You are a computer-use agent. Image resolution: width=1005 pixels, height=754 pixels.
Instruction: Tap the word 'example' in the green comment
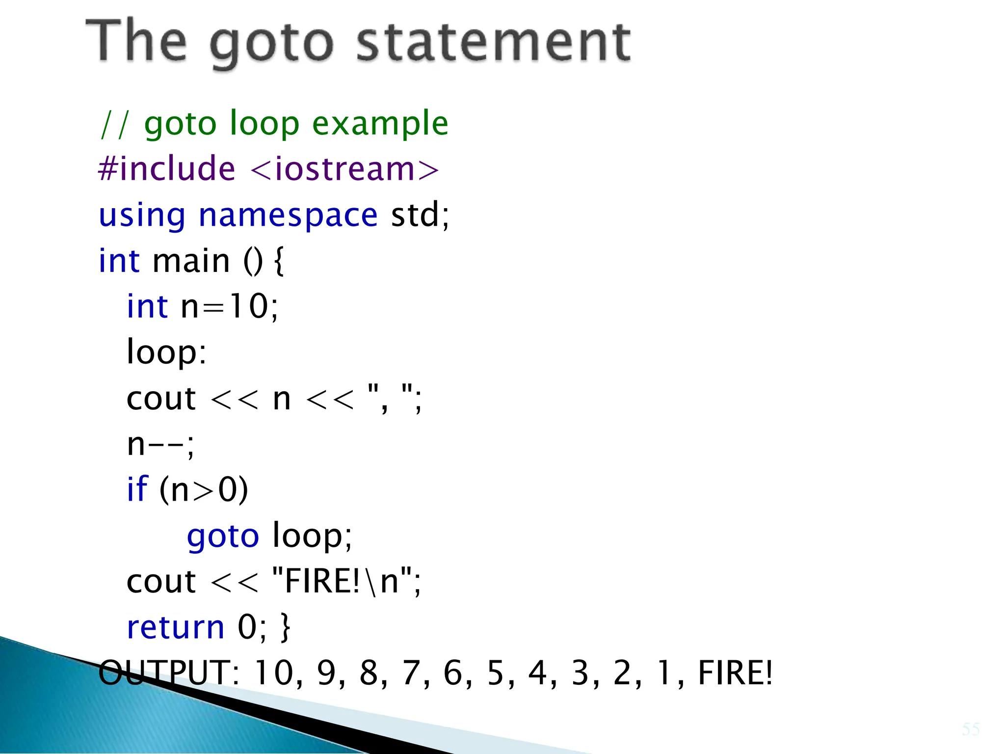pos(380,123)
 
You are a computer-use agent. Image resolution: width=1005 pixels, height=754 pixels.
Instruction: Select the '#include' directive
pos(167,168)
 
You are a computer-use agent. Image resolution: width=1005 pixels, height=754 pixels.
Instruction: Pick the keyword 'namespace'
pos(288,215)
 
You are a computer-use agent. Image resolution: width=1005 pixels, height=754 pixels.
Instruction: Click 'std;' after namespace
pos(420,215)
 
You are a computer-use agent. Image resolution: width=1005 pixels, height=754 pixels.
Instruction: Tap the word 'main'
pos(191,261)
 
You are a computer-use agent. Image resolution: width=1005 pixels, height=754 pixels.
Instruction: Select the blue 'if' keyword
pos(137,489)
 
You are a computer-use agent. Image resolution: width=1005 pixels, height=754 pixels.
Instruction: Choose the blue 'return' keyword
pos(175,627)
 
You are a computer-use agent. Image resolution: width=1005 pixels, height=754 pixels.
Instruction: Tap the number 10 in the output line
pos(274,673)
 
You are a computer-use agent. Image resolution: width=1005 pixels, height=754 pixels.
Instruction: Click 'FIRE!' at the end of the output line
pos(735,673)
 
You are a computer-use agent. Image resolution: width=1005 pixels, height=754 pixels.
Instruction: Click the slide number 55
pos(970,729)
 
